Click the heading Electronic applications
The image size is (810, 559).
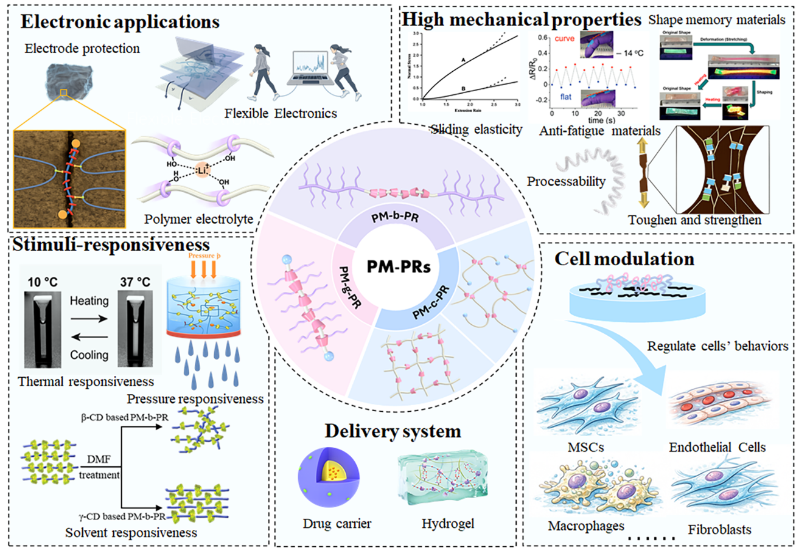point(120,23)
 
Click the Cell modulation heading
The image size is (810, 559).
point(624,259)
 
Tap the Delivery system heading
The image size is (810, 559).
point(393,431)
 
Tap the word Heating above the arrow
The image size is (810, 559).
point(89,300)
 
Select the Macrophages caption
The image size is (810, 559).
point(586,525)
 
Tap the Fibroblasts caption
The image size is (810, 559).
point(719,529)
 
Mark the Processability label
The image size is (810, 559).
point(566,181)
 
